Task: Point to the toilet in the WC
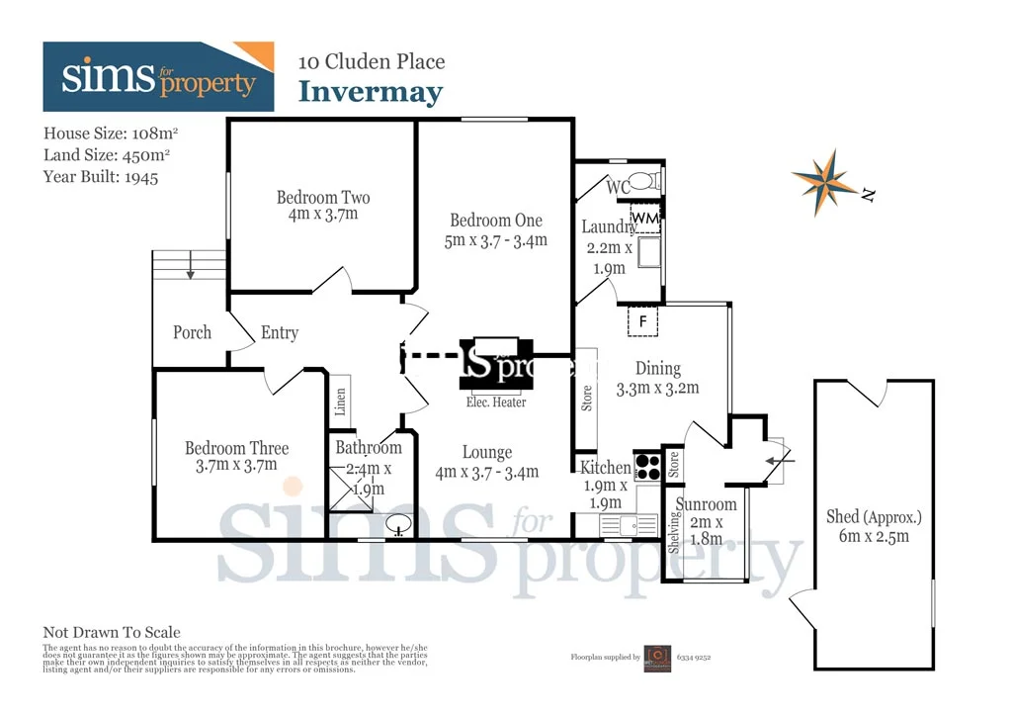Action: pos(643,181)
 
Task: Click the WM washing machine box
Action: pos(644,218)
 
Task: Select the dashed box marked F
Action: pos(643,321)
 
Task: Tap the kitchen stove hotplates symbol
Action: pos(647,465)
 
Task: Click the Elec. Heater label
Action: pos(496,402)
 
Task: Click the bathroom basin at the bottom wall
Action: pos(399,524)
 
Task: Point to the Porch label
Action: pos(192,332)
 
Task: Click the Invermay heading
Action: pos(371,92)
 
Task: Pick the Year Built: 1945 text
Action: pos(101,177)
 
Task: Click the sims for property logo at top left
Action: pos(158,77)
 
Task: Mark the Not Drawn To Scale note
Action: pos(112,632)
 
